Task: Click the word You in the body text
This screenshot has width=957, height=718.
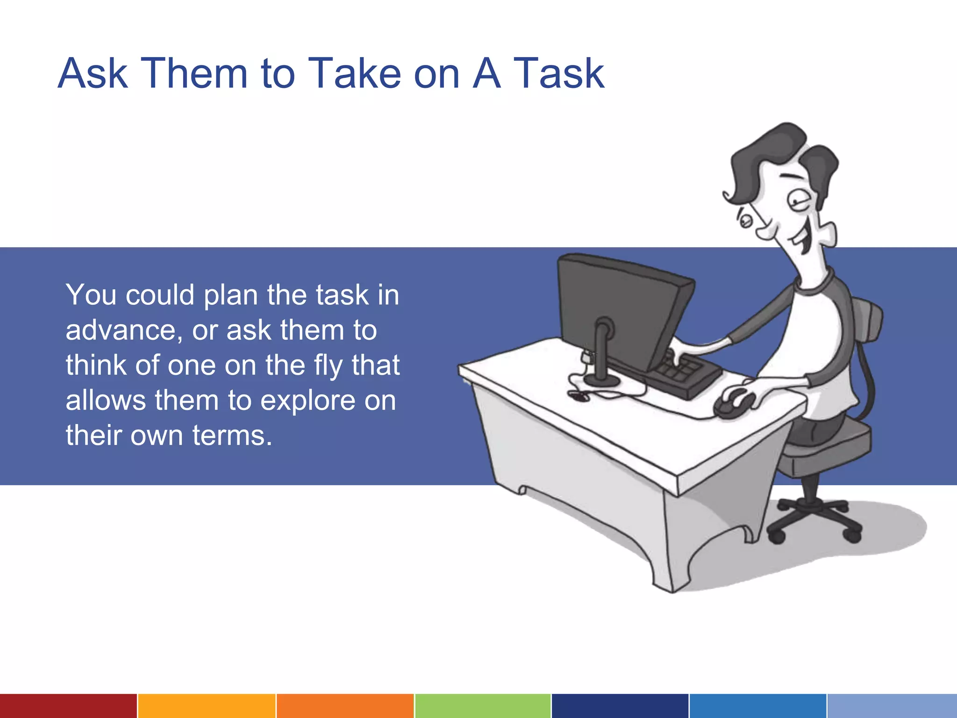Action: pyautogui.click(x=91, y=295)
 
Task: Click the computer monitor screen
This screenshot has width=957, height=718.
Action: pyautogui.click(x=617, y=309)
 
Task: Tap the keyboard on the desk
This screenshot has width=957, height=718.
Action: pyautogui.click(x=682, y=374)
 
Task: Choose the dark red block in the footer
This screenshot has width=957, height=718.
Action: pyautogui.click(x=68, y=706)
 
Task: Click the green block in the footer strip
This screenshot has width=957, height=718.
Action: pyautogui.click(x=482, y=706)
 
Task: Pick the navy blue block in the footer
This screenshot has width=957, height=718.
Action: pyautogui.click(x=620, y=706)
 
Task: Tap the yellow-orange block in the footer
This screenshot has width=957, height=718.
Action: pyautogui.click(x=207, y=706)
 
